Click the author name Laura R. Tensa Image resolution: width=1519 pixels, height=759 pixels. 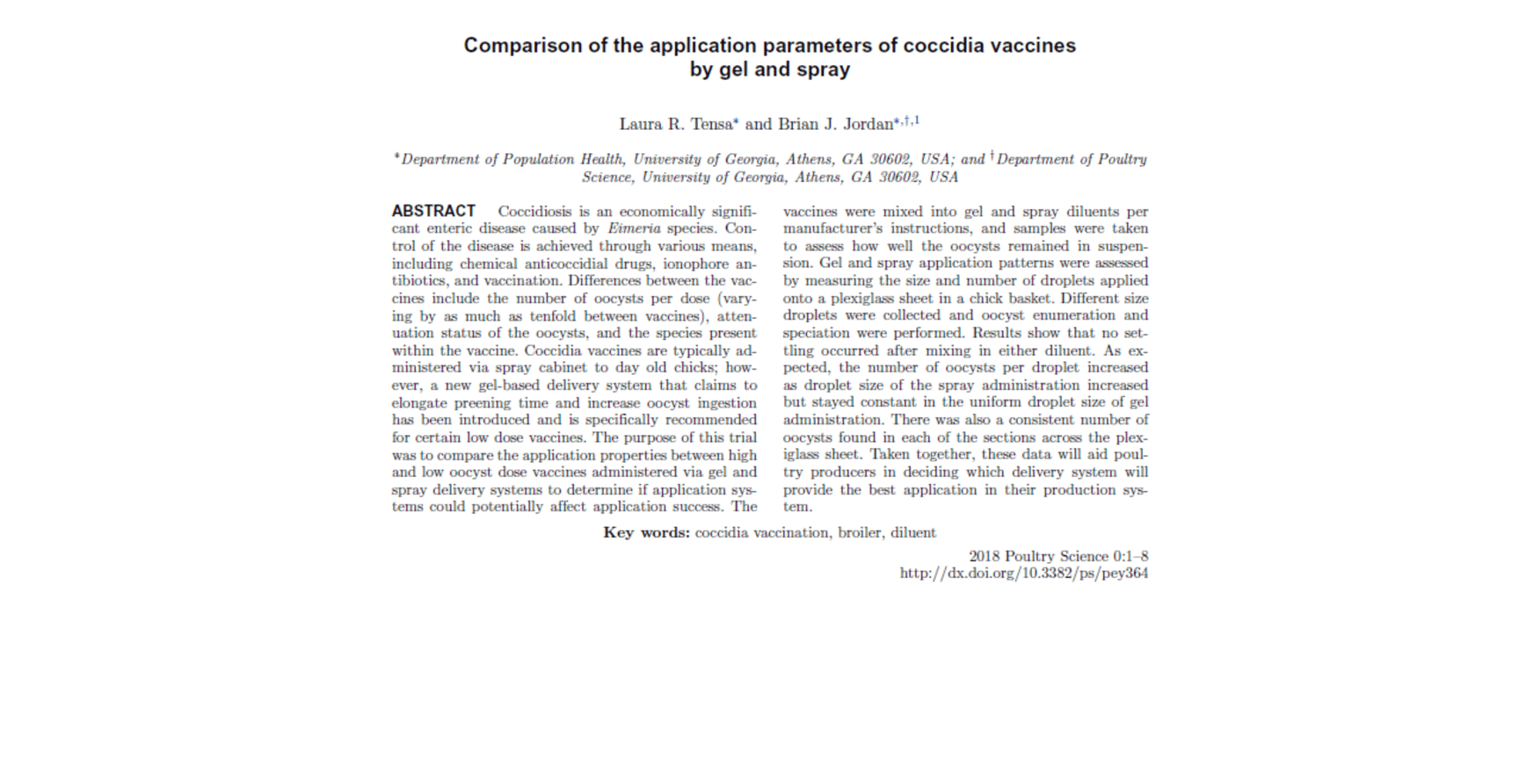(x=676, y=124)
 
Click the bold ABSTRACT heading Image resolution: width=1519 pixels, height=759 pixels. (x=433, y=211)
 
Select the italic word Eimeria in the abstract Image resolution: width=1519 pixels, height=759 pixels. (x=634, y=228)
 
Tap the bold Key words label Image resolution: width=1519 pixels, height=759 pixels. (x=646, y=532)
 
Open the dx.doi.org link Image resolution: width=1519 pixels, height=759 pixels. (x=1023, y=574)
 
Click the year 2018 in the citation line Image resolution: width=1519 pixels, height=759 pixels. (x=985, y=556)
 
